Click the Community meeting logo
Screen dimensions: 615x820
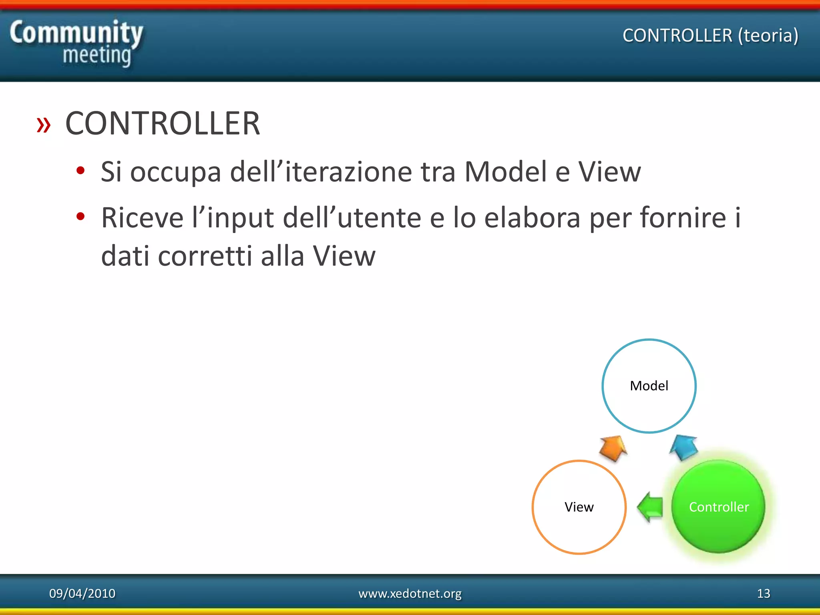click(x=76, y=43)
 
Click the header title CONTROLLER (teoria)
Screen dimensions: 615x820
click(x=710, y=36)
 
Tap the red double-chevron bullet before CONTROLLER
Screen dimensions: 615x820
click(x=44, y=125)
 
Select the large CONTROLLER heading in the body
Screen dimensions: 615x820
click(x=163, y=123)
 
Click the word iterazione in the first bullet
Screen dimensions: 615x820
click(x=348, y=172)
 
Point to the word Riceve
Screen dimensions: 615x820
click(x=142, y=218)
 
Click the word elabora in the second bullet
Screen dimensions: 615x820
click(x=532, y=218)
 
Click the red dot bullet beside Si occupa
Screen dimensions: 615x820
click(x=80, y=171)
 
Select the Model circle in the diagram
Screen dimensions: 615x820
click(x=649, y=386)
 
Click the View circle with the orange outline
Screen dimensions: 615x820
click(x=579, y=507)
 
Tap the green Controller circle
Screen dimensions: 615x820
click(x=719, y=507)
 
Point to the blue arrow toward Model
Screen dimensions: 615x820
click(x=684, y=447)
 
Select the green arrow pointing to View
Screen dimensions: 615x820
click(x=650, y=507)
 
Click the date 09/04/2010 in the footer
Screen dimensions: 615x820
click(x=82, y=593)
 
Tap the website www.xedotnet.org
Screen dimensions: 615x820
click(x=410, y=593)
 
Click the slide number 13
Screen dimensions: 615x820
click(x=763, y=593)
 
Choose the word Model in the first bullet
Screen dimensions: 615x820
click(x=506, y=172)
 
